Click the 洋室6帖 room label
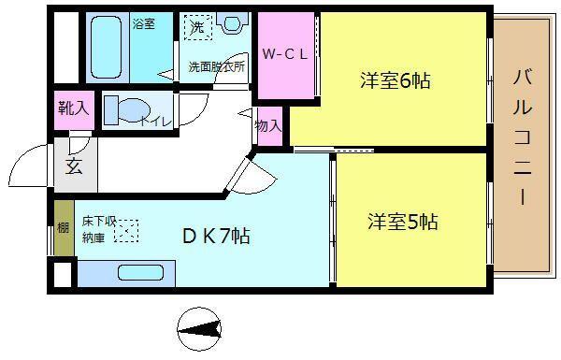(395, 80)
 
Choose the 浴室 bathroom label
(143, 23)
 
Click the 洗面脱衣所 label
(217, 67)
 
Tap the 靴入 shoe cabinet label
(74, 108)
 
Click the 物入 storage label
(267, 125)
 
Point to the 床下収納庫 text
(97, 229)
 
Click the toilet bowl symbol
(120, 109)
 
